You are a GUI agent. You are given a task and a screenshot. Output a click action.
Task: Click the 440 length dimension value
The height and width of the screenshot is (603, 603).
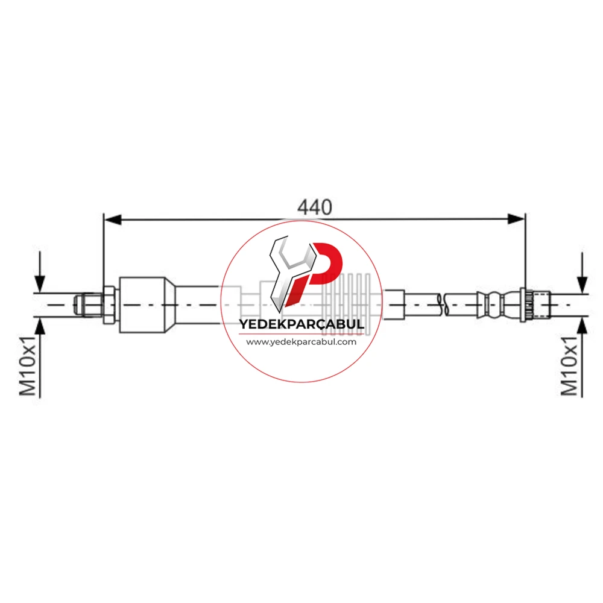click(x=314, y=207)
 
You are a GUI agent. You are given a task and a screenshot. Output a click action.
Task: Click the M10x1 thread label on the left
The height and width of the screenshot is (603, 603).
click(x=28, y=365)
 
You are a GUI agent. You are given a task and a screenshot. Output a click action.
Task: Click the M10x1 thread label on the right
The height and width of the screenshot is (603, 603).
click(x=570, y=366)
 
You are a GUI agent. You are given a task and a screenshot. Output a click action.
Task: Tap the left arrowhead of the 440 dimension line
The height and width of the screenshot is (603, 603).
click(x=113, y=219)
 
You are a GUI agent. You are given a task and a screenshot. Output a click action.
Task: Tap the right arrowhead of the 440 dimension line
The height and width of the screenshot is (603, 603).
click(x=516, y=219)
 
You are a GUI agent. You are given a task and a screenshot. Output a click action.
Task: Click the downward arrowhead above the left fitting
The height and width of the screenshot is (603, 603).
click(x=40, y=284)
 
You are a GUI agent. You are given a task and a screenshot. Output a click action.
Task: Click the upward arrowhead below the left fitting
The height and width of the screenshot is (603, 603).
click(x=40, y=326)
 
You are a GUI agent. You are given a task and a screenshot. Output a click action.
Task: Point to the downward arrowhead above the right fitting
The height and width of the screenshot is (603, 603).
click(x=582, y=285)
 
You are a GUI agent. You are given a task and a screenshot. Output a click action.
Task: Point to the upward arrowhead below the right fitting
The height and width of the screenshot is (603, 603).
click(x=582, y=326)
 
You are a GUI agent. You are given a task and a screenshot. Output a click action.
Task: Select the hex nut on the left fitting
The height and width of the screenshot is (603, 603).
click(x=110, y=305)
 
